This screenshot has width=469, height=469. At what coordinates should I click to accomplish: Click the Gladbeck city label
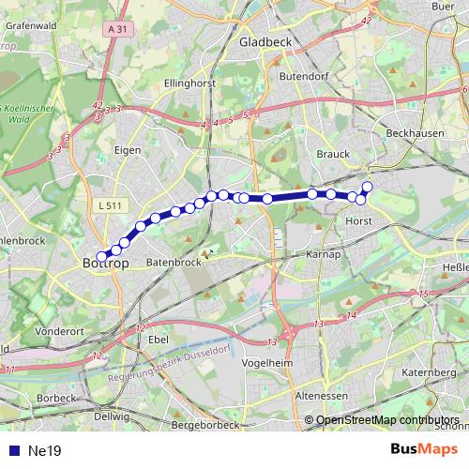click(266, 42)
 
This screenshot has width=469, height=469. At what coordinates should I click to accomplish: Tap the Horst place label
click(359, 221)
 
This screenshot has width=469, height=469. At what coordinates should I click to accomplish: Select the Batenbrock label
click(174, 263)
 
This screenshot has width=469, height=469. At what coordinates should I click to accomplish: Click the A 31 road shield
click(116, 30)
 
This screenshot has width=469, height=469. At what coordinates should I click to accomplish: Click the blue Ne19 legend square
click(13, 451)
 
